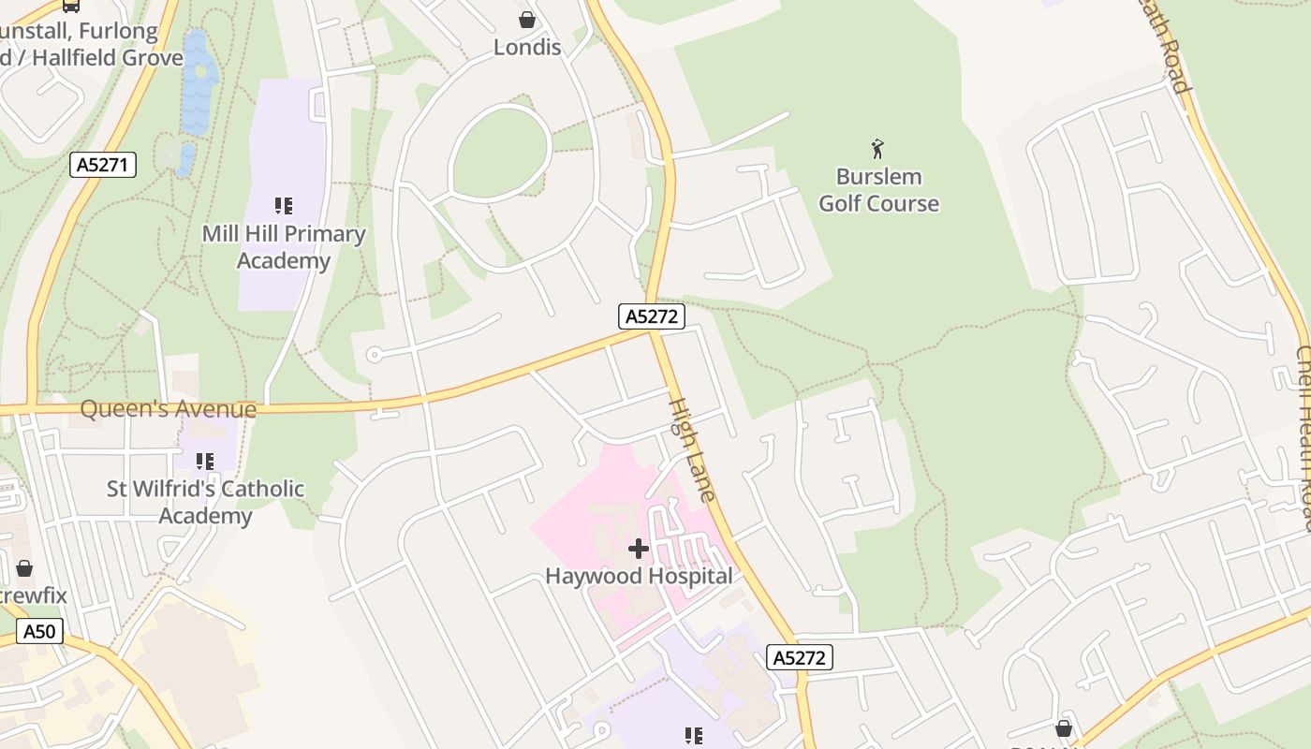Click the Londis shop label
point(527,47)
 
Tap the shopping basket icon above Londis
point(527,20)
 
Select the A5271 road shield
point(103,166)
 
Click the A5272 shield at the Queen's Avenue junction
point(652,316)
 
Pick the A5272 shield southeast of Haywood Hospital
point(800,657)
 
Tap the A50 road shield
point(39,631)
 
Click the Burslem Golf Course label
point(878,190)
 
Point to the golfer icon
point(877,149)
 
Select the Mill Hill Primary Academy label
point(284,247)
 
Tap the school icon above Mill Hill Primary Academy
point(284,205)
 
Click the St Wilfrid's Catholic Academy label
point(205,502)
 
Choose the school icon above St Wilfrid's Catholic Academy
point(204,461)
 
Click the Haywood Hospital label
point(639,576)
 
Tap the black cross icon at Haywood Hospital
point(639,548)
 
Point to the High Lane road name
point(693,449)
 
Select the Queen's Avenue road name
point(169,409)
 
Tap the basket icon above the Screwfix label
point(24,568)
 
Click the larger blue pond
point(199,84)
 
